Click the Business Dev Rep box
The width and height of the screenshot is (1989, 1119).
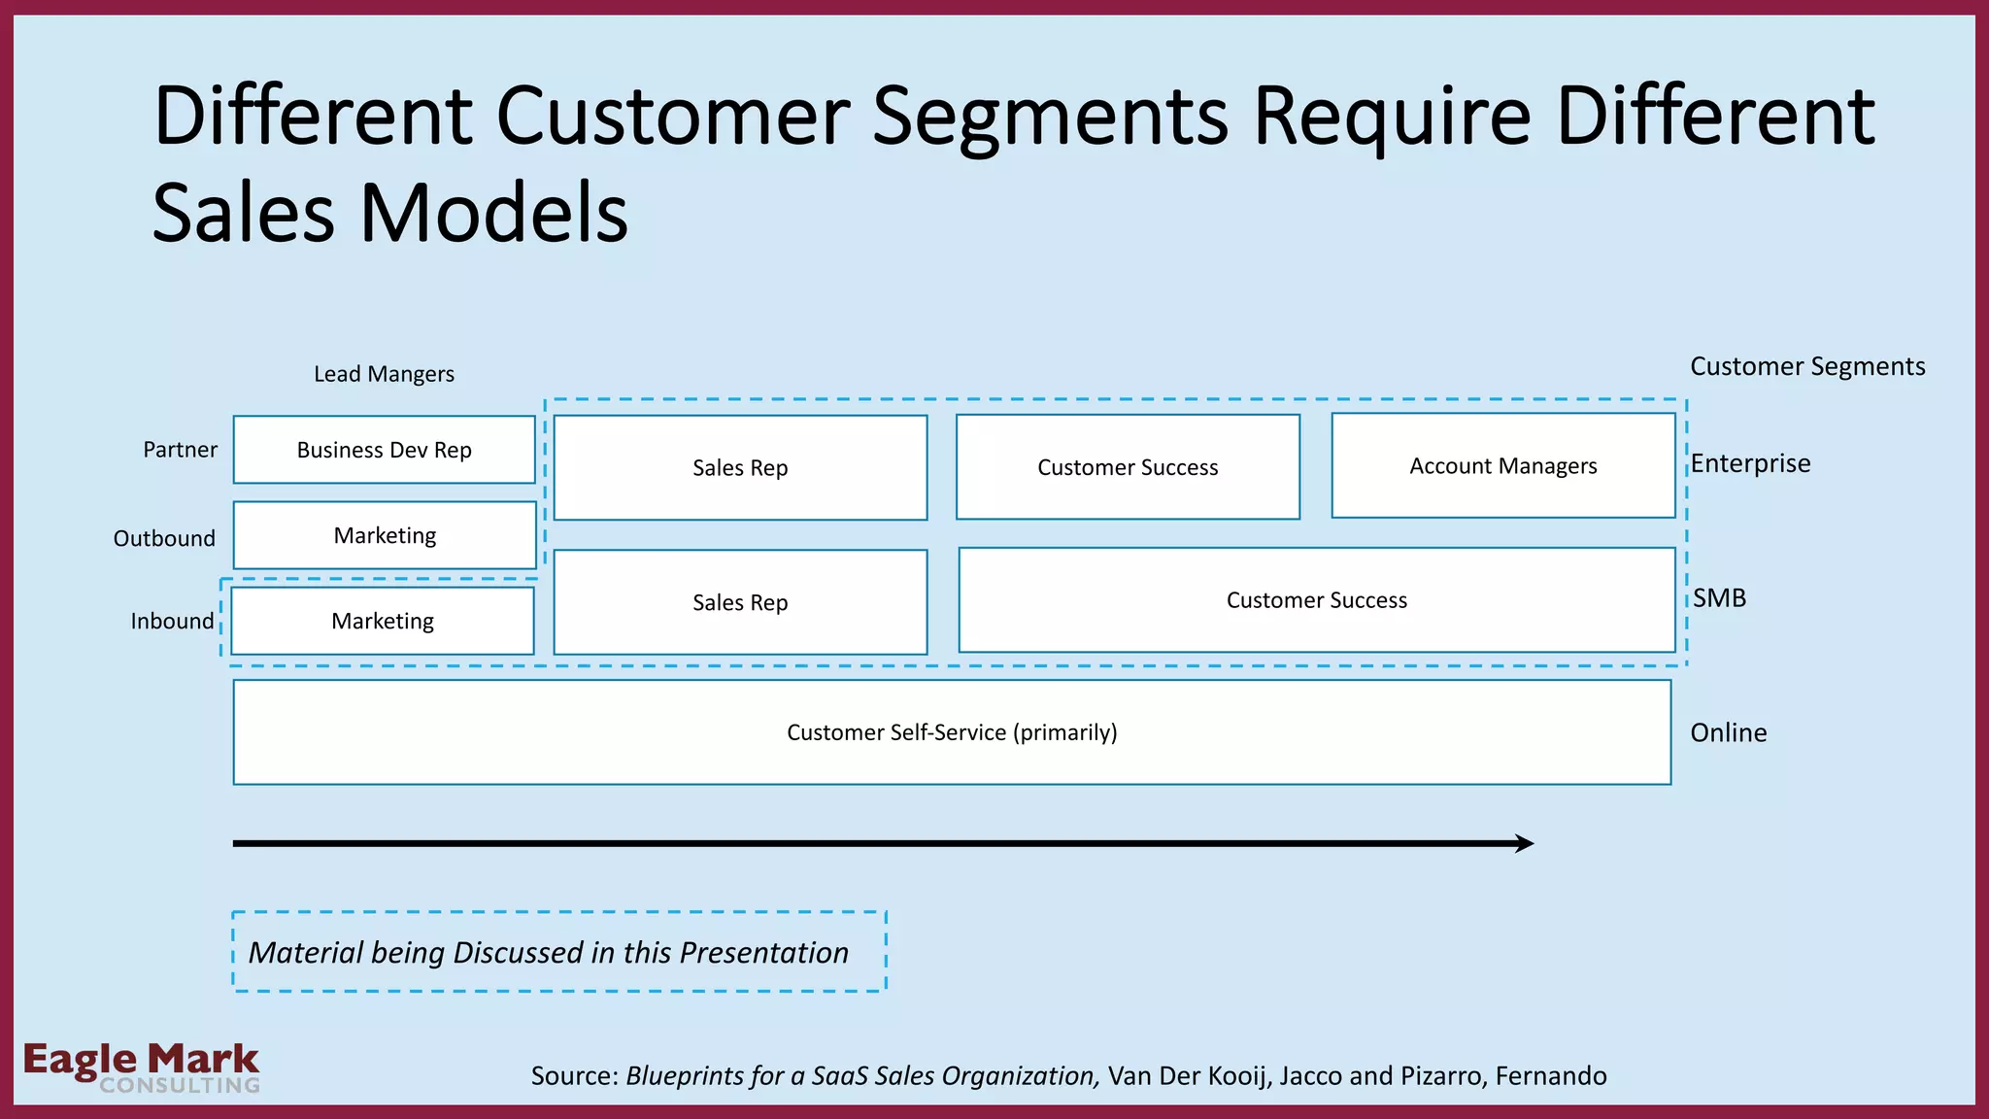[384, 450]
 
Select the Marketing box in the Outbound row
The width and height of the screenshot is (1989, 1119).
[385, 535]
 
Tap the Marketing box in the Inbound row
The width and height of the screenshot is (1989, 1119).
[383, 621]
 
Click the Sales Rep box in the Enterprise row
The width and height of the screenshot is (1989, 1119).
[740, 468]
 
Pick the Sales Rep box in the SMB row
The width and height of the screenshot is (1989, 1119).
[740, 602]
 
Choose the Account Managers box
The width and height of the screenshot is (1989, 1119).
[1502, 466]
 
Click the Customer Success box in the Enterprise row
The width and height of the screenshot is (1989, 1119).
[1128, 467]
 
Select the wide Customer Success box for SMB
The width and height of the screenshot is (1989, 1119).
[1316, 600]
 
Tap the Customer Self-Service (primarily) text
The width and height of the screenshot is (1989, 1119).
[952, 732]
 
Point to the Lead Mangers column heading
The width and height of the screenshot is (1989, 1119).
[384, 374]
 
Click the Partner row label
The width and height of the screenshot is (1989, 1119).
[180, 450]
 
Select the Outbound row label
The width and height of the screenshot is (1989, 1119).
[164, 538]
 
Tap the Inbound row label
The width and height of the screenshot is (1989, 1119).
[172, 621]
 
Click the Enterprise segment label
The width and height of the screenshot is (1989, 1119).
[1750, 463]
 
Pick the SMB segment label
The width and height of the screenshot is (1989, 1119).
[1719, 597]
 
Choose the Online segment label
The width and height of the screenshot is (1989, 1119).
[1728, 732]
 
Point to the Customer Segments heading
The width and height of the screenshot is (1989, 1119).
[1806, 366]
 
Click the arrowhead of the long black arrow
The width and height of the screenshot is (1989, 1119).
[1525, 843]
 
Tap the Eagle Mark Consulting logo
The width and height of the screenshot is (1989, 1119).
[142, 1067]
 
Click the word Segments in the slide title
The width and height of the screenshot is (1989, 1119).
[1050, 117]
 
